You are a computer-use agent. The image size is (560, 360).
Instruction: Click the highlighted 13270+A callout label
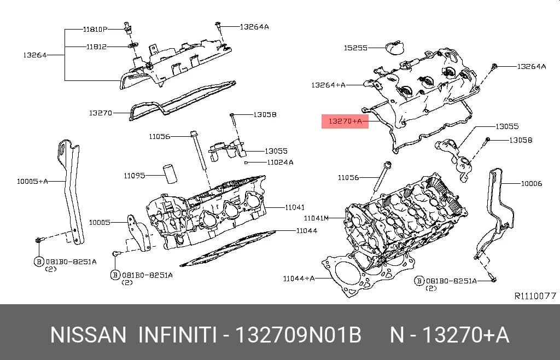(x=345, y=121)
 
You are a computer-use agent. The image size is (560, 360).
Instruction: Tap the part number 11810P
(x=95, y=30)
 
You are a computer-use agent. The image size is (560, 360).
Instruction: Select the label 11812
(x=96, y=47)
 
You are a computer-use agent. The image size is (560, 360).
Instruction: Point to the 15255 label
(x=355, y=48)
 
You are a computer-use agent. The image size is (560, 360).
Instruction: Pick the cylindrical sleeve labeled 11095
(x=171, y=173)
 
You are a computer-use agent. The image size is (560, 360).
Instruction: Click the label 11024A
(x=281, y=162)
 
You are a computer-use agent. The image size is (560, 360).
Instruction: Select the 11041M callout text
(x=316, y=218)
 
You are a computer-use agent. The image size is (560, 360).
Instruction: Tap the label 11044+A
(x=299, y=278)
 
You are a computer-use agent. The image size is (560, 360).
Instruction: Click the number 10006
(x=532, y=184)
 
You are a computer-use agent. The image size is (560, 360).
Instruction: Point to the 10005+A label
(x=32, y=182)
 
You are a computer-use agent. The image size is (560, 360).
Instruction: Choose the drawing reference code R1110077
(x=535, y=295)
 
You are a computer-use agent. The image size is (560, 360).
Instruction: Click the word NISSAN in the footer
(x=88, y=335)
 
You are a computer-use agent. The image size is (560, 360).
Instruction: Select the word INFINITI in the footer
(x=178, y=335)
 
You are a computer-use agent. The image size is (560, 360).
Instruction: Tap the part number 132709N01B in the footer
(x=299, y=335)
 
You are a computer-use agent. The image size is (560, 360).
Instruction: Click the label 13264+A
(x=328, y=85)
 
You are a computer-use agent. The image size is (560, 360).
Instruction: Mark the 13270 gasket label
(x=101, y=113)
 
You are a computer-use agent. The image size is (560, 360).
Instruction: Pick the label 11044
(x=306, y=231)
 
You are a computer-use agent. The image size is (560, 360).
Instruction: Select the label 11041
(x=295, y=207)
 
